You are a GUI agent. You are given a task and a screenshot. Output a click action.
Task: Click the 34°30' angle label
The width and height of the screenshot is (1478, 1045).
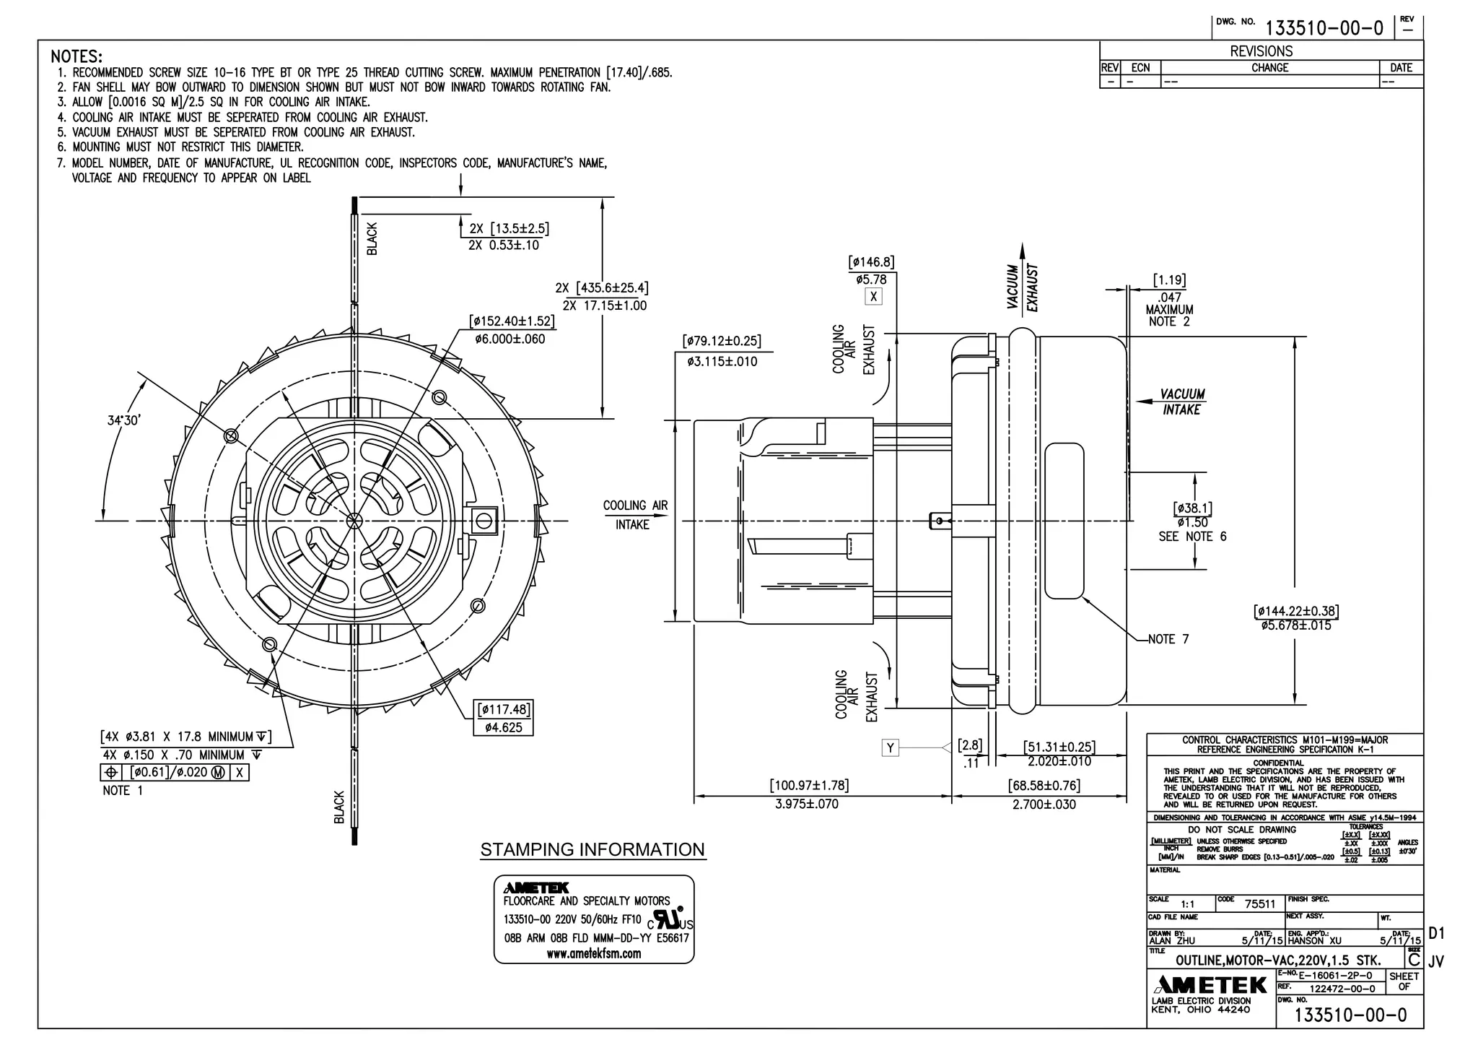tap(123, 420)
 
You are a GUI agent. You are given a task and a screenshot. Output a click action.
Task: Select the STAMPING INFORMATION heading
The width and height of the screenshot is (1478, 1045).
tap(592, 850)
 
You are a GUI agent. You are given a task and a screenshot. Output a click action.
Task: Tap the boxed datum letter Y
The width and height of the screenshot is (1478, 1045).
tap(890, 748)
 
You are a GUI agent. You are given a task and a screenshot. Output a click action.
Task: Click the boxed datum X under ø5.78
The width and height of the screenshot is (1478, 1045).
tap(873, 297)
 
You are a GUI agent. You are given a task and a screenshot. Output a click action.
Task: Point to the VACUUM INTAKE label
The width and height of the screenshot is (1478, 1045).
tap(1181, 402)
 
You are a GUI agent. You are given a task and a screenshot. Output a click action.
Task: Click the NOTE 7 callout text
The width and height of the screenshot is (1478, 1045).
tap(1168, 639)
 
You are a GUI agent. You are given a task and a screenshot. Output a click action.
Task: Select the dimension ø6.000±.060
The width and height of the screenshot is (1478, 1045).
tap(510, 339)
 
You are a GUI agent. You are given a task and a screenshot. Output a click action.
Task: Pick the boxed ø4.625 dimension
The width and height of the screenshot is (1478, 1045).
tap(503, 727)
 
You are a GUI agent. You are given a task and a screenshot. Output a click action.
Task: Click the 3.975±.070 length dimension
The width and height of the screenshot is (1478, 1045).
tap(807, 804)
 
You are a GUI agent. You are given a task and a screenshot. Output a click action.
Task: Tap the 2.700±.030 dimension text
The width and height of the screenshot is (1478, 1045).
tap(1044, 805)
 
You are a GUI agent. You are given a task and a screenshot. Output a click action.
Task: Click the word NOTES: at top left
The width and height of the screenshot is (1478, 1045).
tap(76, 56)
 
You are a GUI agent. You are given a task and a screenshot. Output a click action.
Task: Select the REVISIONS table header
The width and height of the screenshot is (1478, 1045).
tap(1261, 51)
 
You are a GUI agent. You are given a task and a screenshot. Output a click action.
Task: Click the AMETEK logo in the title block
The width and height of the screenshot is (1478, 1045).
tap(1210, 985)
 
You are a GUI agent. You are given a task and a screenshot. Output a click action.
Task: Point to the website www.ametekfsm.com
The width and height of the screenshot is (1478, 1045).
tap(593, 953)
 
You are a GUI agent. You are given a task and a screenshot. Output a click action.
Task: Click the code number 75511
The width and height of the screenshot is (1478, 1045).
tap(1260, 903)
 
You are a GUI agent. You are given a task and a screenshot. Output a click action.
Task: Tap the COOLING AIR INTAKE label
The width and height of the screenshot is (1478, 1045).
tap(635, 515)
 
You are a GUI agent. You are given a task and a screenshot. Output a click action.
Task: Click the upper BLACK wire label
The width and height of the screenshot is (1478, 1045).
tap(372, 238)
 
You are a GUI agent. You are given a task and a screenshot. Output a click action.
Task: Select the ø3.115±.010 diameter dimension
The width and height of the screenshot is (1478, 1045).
tap(722, 362)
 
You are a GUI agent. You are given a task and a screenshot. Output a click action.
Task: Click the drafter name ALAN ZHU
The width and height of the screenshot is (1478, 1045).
tap(1172, 941)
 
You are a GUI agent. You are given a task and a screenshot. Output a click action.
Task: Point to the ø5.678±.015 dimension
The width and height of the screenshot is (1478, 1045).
tap(1296, 625)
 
